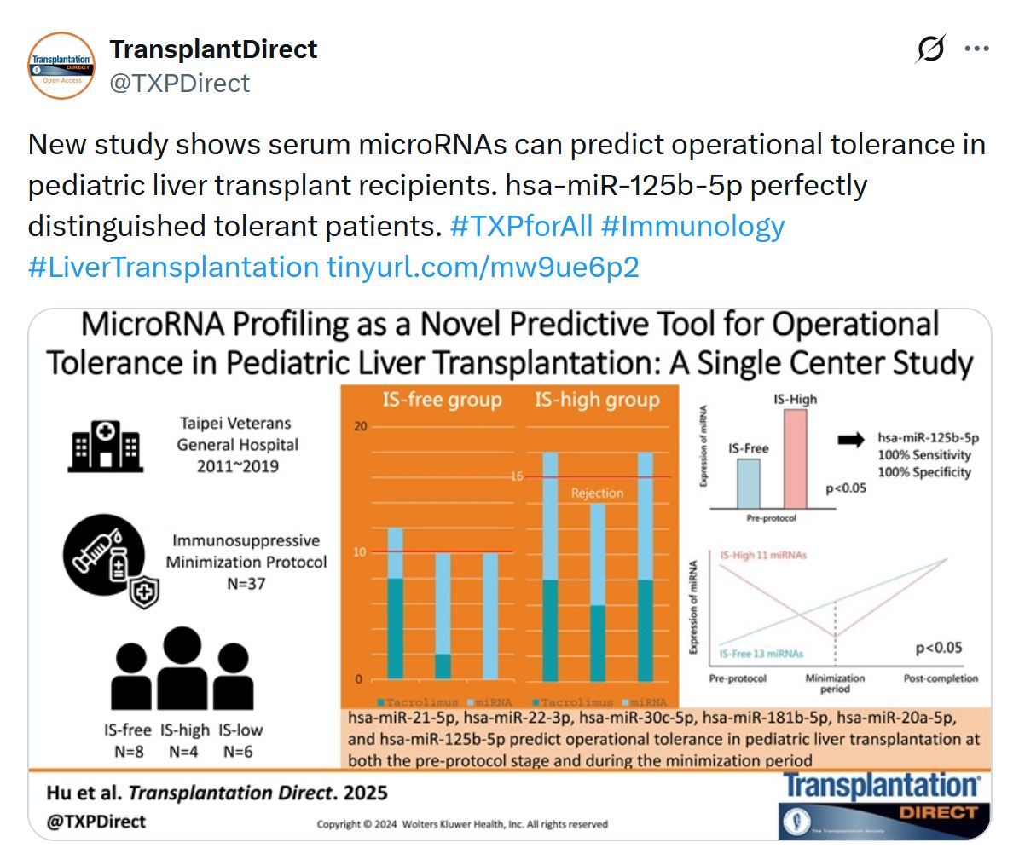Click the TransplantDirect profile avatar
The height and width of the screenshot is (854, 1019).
pos(61,66)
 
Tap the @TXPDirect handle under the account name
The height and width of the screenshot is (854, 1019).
pos(180,84)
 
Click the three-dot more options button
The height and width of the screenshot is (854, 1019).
pos(976,49)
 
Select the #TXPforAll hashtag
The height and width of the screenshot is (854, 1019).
pos(520,227)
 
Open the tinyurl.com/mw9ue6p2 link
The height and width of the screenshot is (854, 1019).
pos(483,268)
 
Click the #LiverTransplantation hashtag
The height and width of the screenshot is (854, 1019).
pos(173,268)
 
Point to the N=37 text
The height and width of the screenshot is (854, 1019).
pos(246,584)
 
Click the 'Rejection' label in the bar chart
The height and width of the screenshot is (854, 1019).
pos(597,493)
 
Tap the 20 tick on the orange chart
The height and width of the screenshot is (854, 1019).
pos(359,426)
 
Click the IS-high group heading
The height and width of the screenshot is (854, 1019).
pos(597,400)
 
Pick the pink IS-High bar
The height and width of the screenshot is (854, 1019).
pos(795,459)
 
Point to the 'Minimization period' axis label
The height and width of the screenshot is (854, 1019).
pos(835,684)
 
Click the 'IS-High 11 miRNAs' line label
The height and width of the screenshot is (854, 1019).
pos(763,555)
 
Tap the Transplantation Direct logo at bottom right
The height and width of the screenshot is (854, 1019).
pos(883,803)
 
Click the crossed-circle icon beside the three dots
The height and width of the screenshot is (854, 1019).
pos(930,49)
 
